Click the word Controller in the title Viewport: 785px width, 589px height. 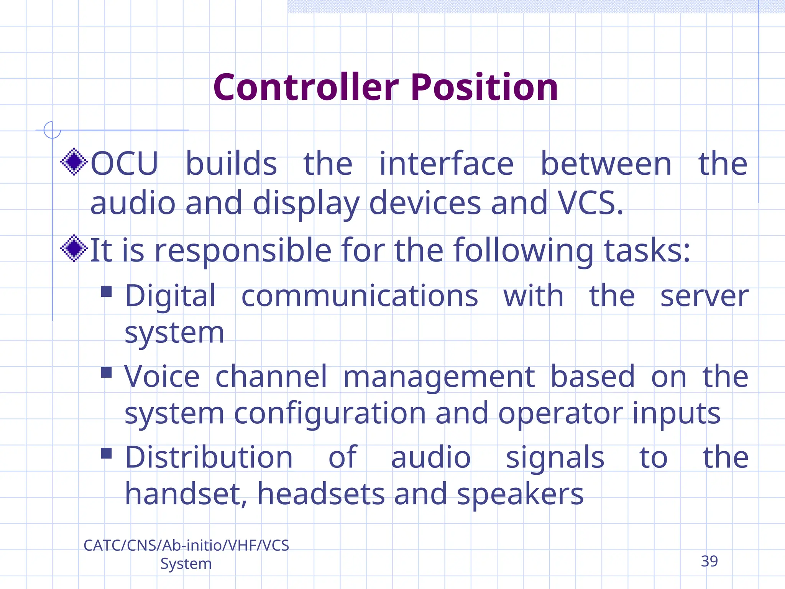point(306,88)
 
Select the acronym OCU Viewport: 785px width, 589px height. point(124,164)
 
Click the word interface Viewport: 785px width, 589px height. point(446,164)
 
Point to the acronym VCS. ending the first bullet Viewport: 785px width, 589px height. point(590,203)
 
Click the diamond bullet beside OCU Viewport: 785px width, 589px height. point(74,162)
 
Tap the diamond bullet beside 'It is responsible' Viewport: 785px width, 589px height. point(74,249)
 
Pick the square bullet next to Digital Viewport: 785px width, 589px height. point(106,292)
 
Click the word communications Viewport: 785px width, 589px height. point(360,296)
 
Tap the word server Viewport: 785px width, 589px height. point(705,296)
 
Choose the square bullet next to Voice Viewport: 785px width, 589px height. point(106,372)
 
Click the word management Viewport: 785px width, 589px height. point(439,377)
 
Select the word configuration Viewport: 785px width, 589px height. point(330,414)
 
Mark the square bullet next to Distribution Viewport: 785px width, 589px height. point(106,453)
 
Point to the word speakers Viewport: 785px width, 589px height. point(520,494)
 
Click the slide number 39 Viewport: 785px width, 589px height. point(709,561)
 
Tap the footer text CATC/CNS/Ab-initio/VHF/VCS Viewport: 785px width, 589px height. point(186,545)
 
